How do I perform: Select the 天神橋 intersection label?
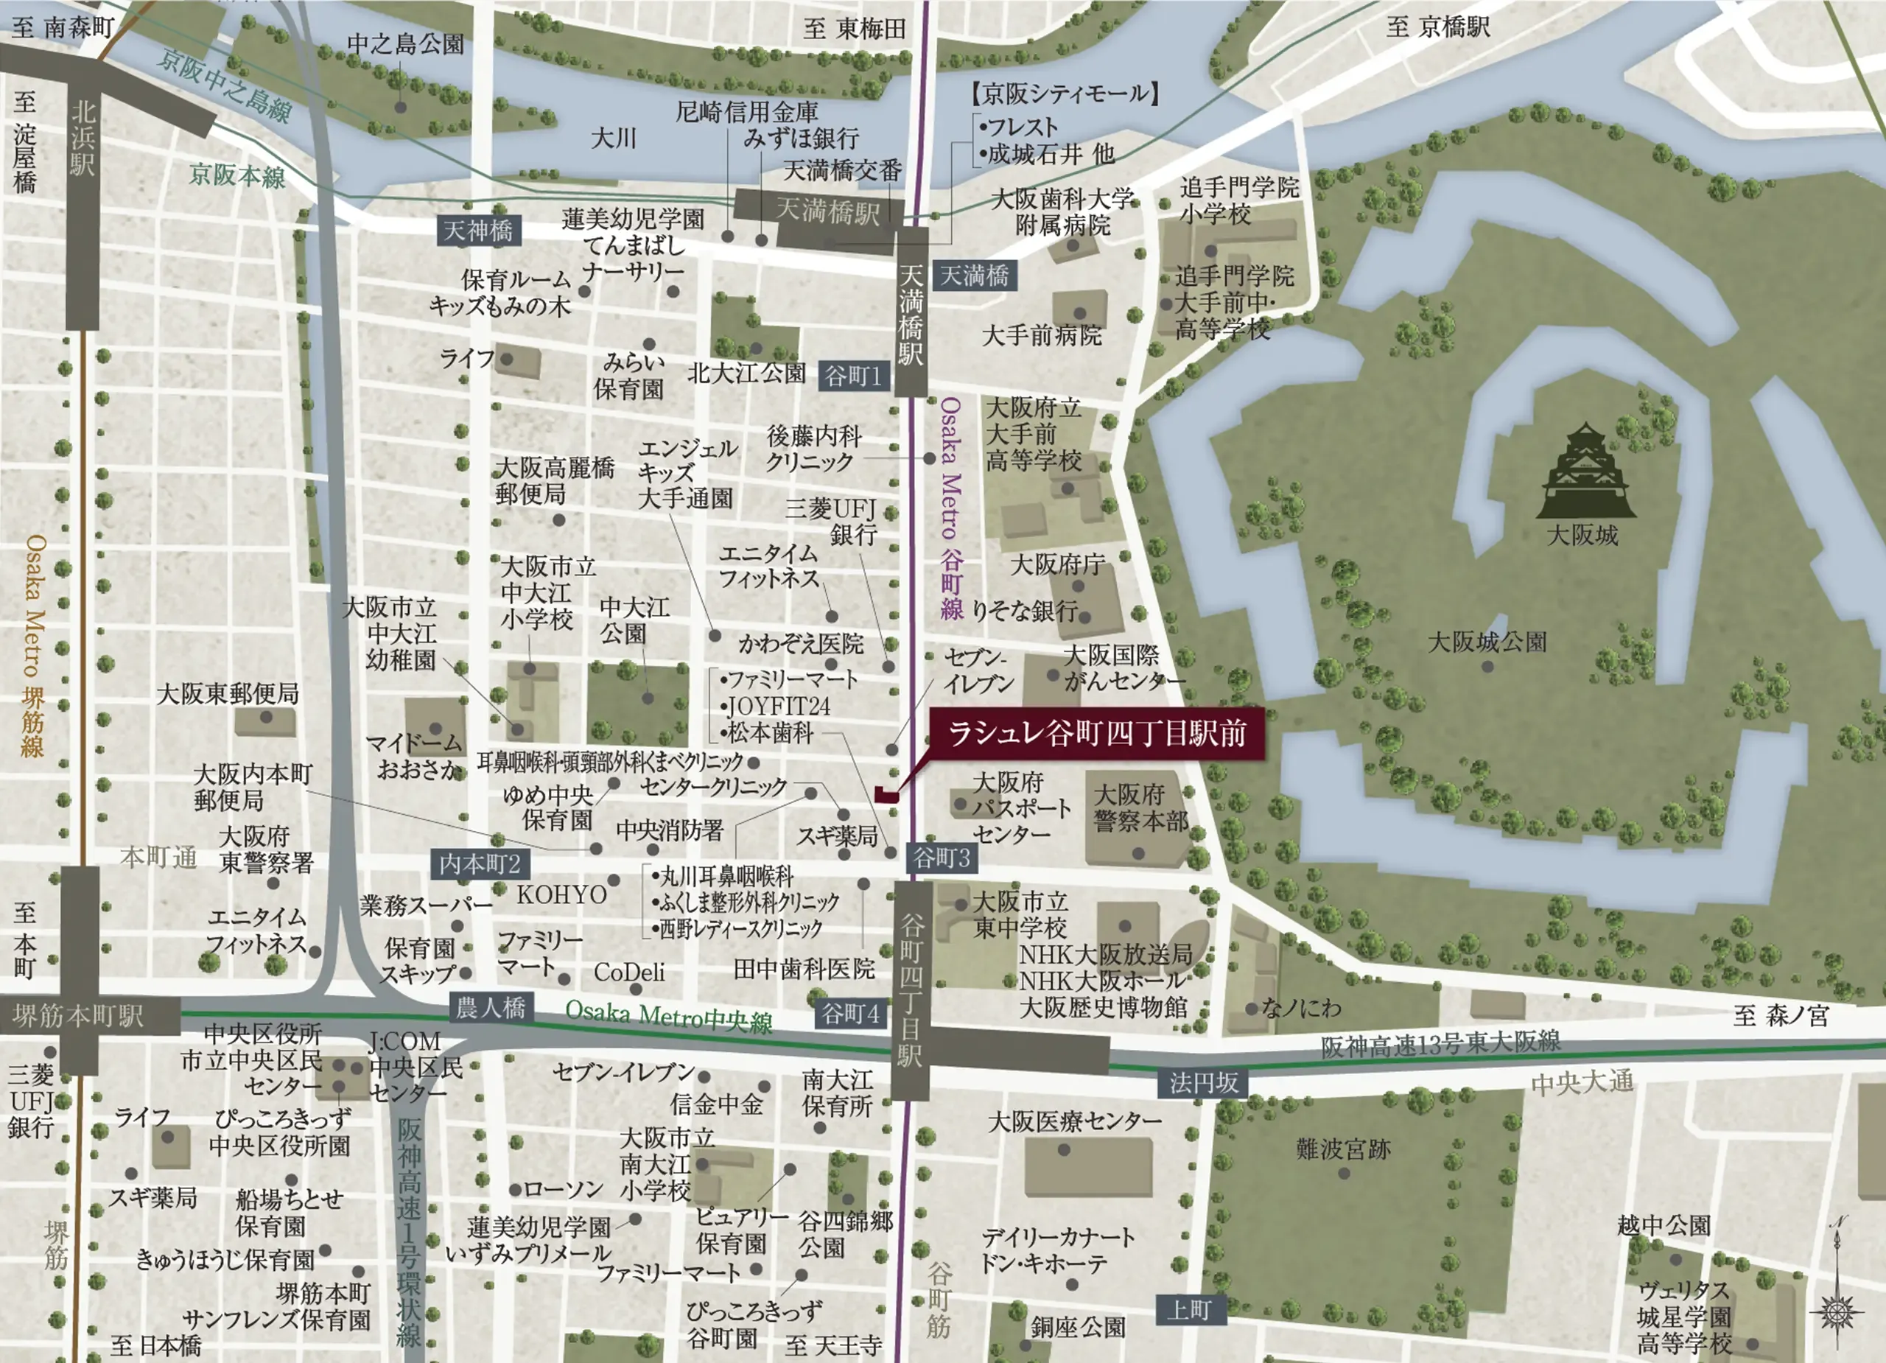click(x=479, y=231)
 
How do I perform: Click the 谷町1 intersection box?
click(x=854, y=376)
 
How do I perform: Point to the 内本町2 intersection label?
click(x=479, y=864)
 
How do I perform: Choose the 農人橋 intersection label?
click(x=491, y=1009)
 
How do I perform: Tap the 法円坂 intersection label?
click(x=1202, y=1083)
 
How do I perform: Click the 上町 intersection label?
click(x=1188, y=1311)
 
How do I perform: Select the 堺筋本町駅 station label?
click(x=79, y=1015)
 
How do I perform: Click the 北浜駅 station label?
click(x=83, y=138)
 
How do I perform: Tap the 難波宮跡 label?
click(x=1343, y=1150)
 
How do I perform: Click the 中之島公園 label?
click(x=405, y=44)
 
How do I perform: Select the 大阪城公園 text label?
click(x=1487, y=642)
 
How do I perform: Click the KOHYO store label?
click(x=562, y=895)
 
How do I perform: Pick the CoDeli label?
click(x=628, y=972)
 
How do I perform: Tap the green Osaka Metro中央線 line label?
click(x=669, y=1015)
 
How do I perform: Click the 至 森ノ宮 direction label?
click(x=1781, y=1015)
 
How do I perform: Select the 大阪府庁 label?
click(x=1057, y=564)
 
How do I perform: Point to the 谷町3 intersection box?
click(x=942, y=858)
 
